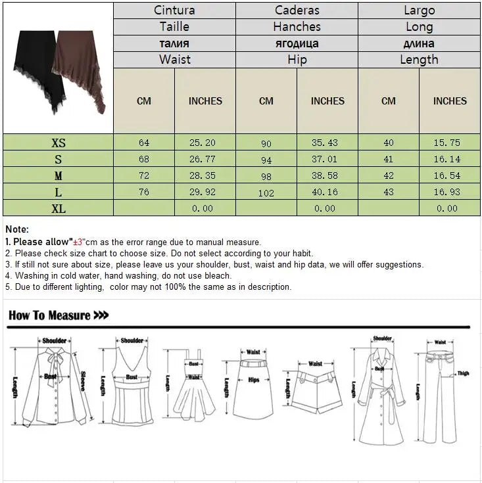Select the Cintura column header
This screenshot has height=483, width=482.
(x=174, y=11)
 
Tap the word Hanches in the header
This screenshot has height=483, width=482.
(x=297, y=27)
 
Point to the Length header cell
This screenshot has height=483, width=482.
(x=419, y=60)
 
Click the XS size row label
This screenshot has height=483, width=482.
(x=59, y=143)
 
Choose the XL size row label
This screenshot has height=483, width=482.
(x=59, y=208)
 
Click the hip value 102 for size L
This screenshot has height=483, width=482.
(x=266, y=193)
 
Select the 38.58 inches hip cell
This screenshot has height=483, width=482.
(x=327, y=176)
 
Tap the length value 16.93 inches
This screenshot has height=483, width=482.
(x=450, y=193)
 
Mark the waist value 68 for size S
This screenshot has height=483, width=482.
(x=144, y=160)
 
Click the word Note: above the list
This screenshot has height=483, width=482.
(x=17, y=229)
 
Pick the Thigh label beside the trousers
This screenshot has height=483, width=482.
(x=463, y=373)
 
